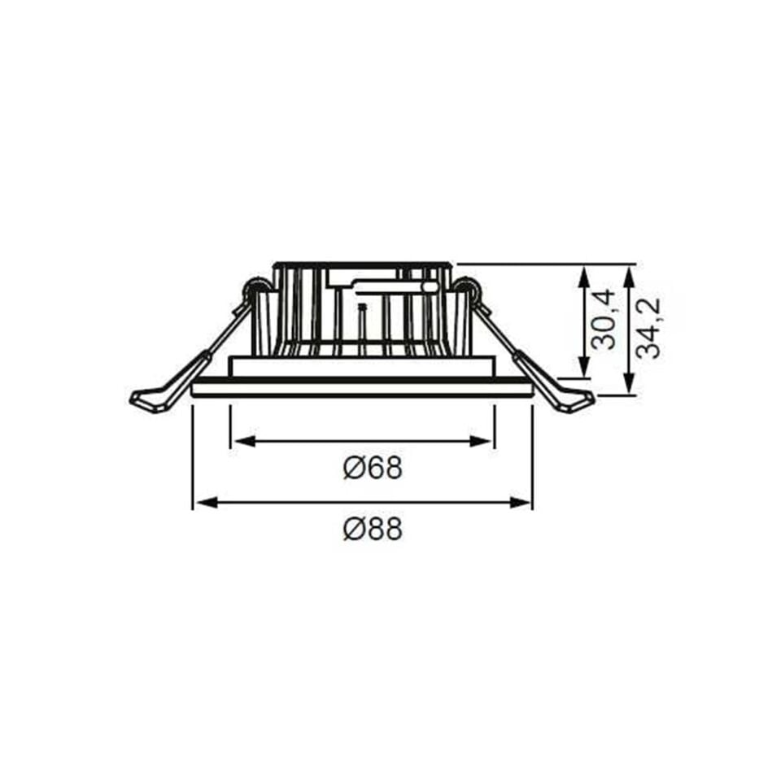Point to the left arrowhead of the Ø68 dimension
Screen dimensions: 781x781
coord(241,442)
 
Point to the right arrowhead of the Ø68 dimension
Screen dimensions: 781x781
coord(485,442)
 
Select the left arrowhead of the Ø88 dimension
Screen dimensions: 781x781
coord(203,503)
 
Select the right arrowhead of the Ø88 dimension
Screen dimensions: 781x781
coord(522,503)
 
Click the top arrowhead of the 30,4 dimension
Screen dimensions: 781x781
coord(583,275)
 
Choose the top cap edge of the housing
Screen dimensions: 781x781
coord(362,265)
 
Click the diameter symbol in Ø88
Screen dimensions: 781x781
coord(352,530)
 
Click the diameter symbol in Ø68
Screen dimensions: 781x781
coord(352,469)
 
